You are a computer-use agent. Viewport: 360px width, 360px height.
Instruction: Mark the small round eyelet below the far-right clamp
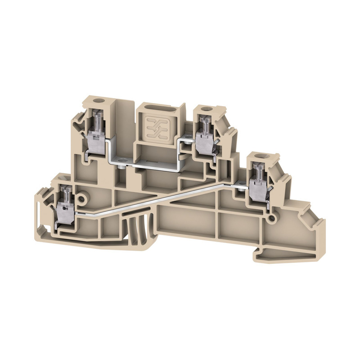click(x=272, y=219)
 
